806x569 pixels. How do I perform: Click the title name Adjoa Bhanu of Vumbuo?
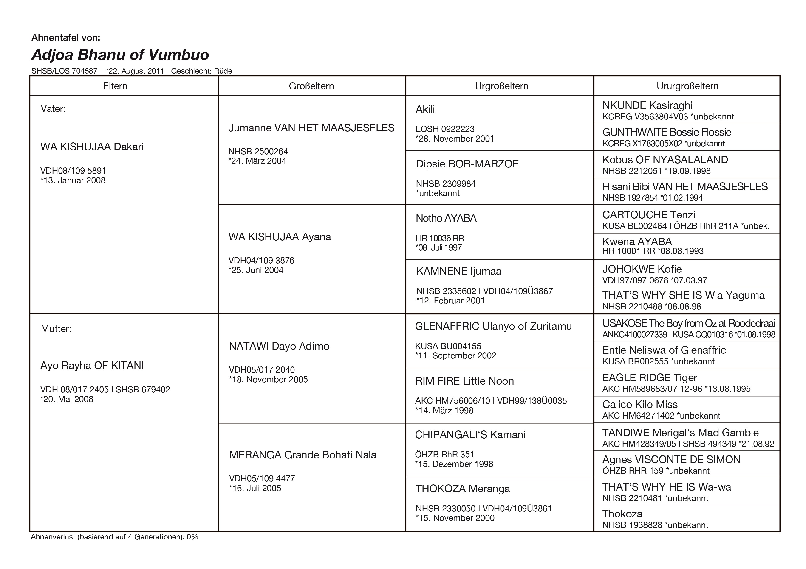120,55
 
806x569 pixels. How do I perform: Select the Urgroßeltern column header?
501,86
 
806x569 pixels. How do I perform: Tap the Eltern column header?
115,86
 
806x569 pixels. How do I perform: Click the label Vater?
53,109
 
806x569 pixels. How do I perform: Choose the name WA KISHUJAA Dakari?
92,147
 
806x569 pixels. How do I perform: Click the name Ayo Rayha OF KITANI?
92,366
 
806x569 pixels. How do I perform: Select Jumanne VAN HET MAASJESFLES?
311,128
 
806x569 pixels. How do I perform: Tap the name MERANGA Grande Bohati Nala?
303,455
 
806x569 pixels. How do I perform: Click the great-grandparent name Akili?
425,109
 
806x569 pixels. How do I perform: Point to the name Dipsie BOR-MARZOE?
467,164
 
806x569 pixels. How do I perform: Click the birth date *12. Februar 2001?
450,300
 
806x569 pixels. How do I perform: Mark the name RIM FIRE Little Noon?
464,381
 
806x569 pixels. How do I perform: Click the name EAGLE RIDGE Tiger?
649,377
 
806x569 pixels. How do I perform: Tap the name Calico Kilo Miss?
640,405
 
